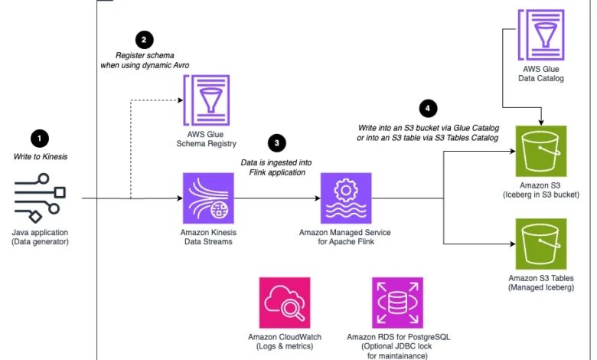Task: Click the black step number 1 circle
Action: coord(40,139)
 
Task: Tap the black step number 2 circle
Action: coord(144,40)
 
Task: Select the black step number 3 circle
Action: coord(277,143)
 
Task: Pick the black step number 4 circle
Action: coord(428,109)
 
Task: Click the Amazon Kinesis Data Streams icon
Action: coord(208,198)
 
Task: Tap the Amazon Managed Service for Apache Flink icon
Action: coord(346,198)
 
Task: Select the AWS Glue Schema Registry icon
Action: coord(207,100)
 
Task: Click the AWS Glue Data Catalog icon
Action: coord(541,35)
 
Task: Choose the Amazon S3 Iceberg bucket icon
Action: coord(541,151)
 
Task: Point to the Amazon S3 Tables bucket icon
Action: coord(541,244)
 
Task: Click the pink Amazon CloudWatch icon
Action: coord(285,303)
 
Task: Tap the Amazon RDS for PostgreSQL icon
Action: coord(397,303)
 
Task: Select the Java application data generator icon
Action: coord(40,198)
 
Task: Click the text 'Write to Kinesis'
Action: coord(41,156)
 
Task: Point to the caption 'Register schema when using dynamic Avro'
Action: coord(145,61)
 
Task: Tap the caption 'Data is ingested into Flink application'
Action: coord(277,167)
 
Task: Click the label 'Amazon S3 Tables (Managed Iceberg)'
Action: coord(541,283)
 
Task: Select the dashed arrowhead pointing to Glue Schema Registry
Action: coord(181,100)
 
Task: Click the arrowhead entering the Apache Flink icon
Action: coord(318,198)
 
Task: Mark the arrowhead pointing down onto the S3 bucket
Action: coord(541,123)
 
